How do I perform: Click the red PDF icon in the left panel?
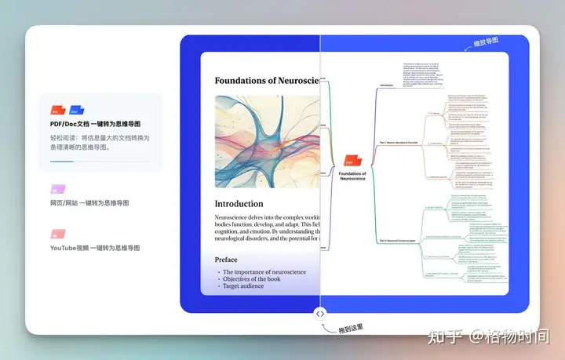58,111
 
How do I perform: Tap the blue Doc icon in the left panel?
76,111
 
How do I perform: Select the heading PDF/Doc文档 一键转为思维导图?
96,125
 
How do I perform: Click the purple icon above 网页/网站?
54,190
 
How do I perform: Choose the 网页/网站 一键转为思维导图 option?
89,203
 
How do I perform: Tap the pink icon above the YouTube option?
55,234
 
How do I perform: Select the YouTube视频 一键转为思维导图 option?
94,247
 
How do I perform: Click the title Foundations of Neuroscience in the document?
267,80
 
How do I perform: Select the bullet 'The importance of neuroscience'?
264,272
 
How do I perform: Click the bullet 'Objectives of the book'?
254,280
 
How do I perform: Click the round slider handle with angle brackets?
320,314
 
